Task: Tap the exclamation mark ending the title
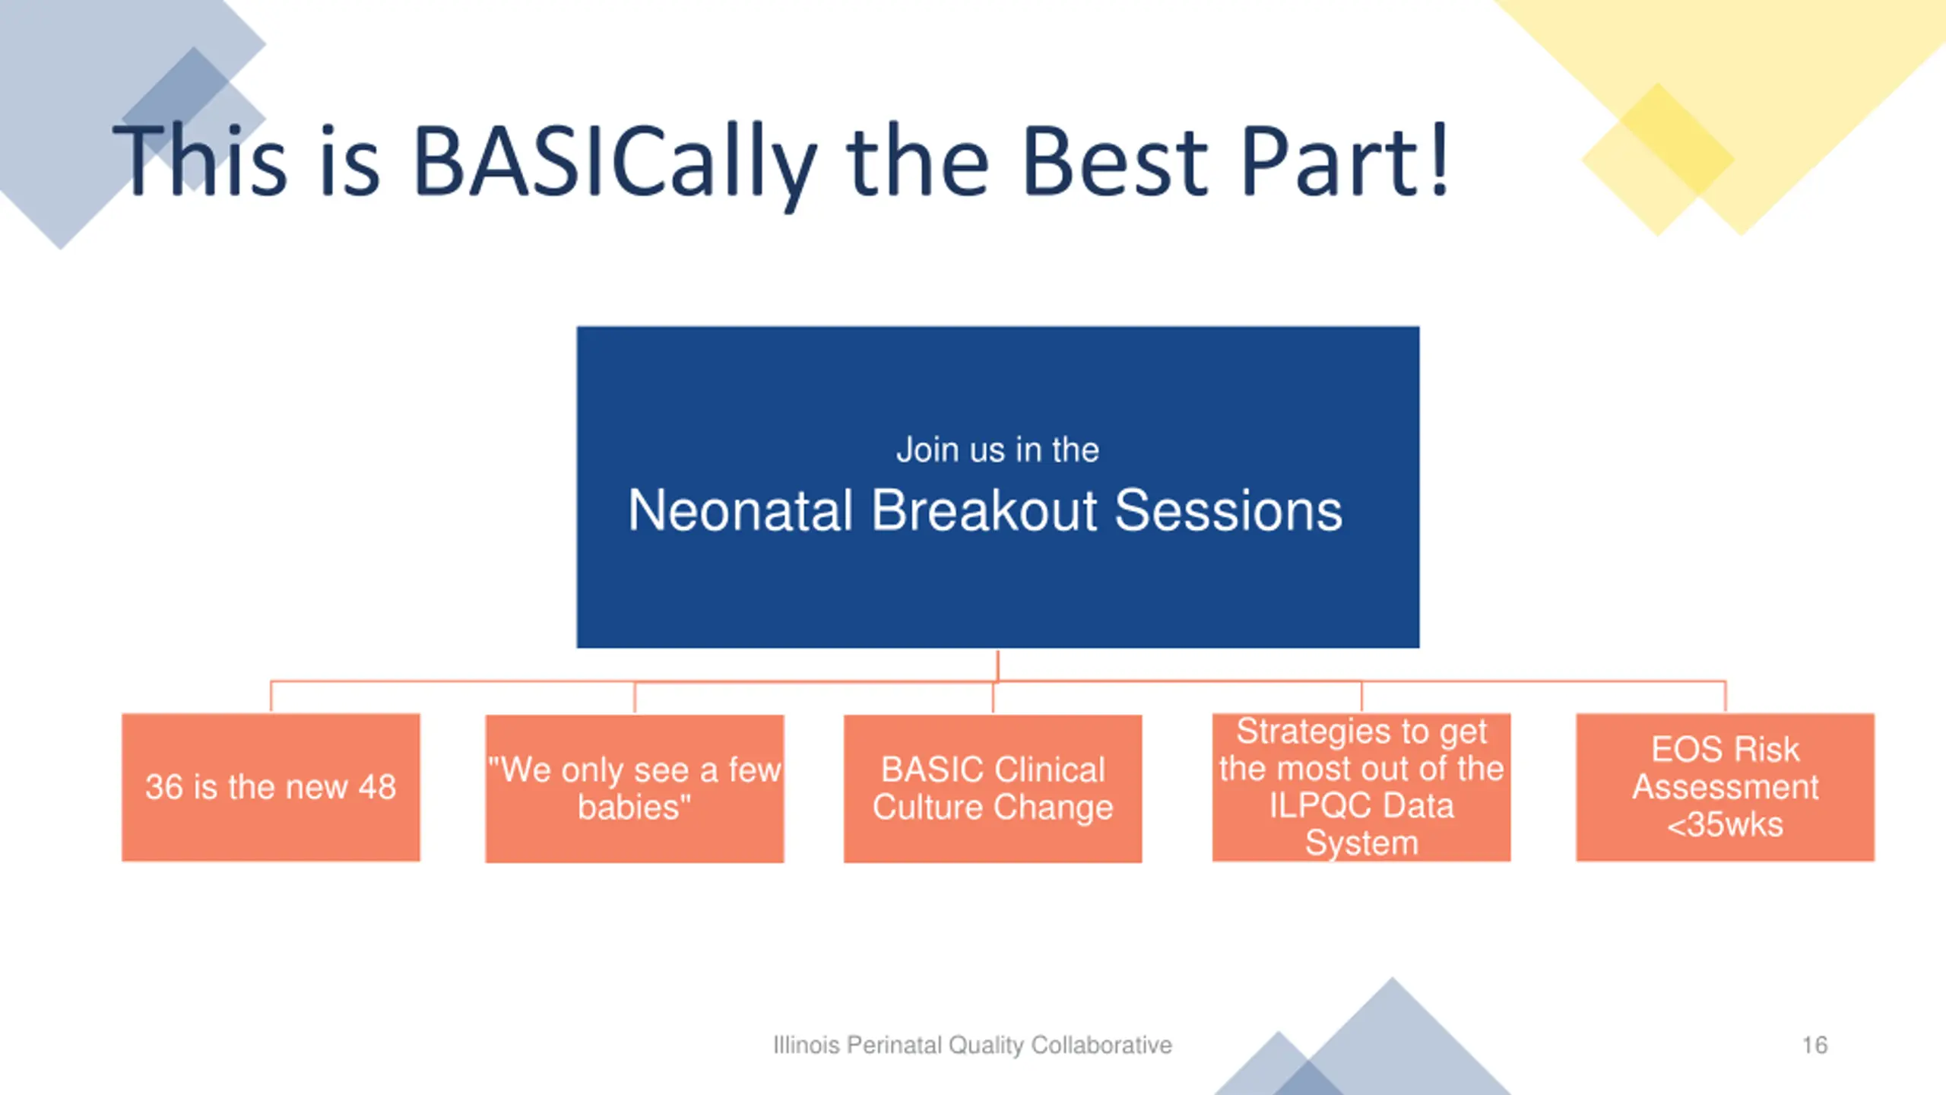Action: coord(1438,160)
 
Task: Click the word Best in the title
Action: coord(1115,161)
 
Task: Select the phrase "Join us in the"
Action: coord(997,449)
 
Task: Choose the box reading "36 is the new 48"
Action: coord(271,787)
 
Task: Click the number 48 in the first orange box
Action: coord(377,787)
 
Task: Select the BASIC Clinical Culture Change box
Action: coord(993,789)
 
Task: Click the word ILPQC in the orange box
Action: coord(1315,805)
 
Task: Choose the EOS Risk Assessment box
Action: coord(1726,787)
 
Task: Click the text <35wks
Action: coord(1725,824)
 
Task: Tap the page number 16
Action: coord(1814,1045)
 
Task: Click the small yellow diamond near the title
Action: coord(1658,160)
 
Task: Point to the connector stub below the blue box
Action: coord(998,665)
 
